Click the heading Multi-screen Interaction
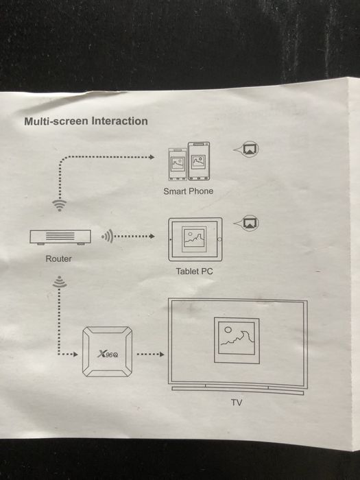[x=86, y=121]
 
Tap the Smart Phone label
[x=188, y=191]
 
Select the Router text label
[x=58, y=259]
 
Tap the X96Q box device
[x=104, y=352]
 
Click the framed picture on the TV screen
[x=237, y=340]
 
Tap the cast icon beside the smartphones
[x=250, y=149]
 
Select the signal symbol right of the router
[x=106, y=237]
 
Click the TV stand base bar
[x=237, y=389]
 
